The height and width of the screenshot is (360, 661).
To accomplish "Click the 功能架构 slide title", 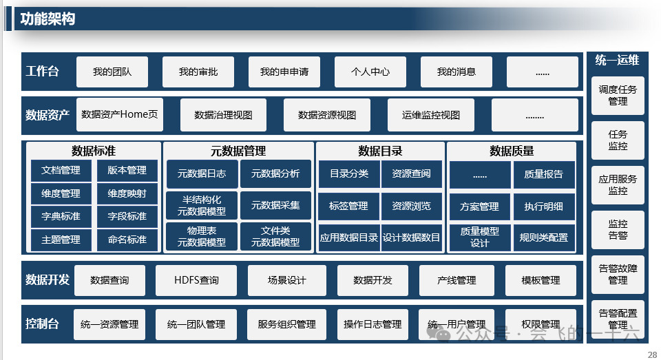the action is point(47,19).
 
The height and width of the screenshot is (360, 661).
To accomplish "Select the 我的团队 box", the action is point(112,72).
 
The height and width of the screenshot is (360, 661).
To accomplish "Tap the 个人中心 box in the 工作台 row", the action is point(370,72).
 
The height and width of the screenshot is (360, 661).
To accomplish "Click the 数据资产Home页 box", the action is point(119,114).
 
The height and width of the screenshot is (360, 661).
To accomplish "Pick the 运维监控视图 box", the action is point(430,115).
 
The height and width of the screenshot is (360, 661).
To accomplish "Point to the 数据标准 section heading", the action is point(93,151).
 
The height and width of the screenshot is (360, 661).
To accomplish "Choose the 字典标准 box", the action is point(61,216).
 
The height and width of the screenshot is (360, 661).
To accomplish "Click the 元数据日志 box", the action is point(202,174).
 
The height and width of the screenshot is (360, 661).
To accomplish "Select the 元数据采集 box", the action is point(275,205).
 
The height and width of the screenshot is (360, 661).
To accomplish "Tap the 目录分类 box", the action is point(348,174).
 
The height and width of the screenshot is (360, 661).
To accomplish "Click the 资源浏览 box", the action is point(411,206).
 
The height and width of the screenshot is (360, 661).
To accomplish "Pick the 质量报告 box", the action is point(543,175).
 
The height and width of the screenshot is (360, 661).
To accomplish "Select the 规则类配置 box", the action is point(544,237).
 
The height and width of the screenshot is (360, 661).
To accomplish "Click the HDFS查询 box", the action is point(196,280).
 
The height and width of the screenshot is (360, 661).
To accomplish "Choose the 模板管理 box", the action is point(541,280).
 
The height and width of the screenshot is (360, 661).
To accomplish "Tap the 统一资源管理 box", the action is point(109,324).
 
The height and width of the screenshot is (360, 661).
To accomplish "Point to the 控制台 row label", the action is point(42,324).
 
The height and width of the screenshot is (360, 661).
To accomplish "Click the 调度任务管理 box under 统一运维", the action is point(618,95).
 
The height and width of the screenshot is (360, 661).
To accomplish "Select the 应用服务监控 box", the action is point(618,184).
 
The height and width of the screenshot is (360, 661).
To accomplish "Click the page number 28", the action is point(652,354).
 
